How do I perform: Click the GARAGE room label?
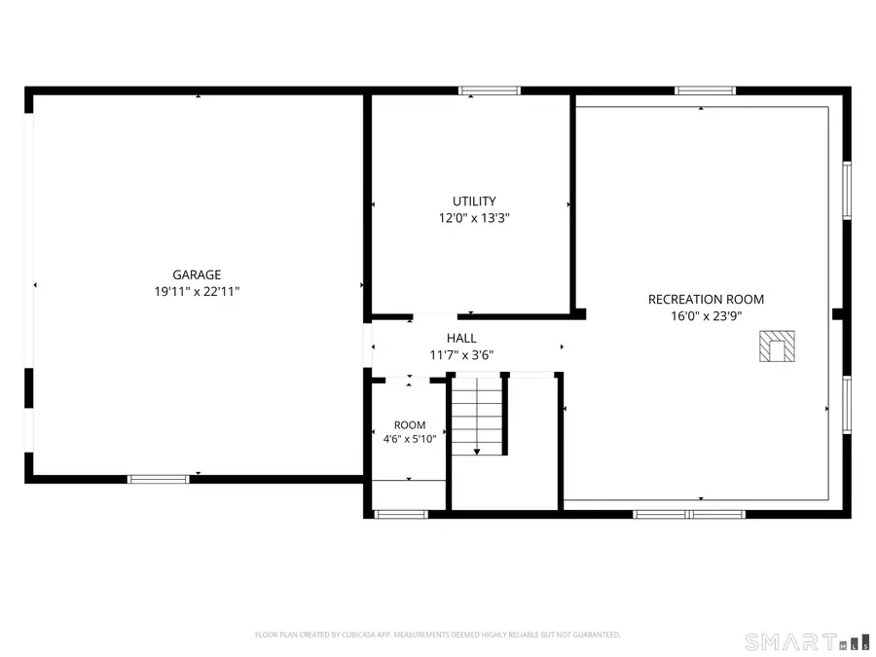(x=197, y=274)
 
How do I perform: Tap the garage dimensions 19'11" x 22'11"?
(x=197, y=292)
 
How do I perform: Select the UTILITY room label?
(x=474, y=201)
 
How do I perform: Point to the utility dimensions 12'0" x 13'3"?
(x=474, y=218)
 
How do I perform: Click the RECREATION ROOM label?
(x=707, y=300)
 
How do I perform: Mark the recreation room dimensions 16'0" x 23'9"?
(x=707, y=316)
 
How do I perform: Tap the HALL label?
(x=461, y=338)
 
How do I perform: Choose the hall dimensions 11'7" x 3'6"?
(x=461, y=354)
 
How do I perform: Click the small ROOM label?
(x=410, y=425)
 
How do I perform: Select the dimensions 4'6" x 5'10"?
(x=410, y=439)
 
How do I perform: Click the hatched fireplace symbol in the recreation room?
(x=777, y=347)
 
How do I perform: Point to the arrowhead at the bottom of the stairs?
(x=477, y=452)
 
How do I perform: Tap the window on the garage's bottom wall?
(x=159, y=479)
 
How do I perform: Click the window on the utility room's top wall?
(x=490, y=91)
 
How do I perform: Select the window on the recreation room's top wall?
(x=705, y=91)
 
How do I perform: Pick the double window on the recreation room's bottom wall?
(x=689, y=515)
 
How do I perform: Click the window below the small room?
(x=401, y=515)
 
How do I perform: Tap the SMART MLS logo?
(x=807, y=642)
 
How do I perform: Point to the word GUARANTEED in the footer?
(x=598, y=635)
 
